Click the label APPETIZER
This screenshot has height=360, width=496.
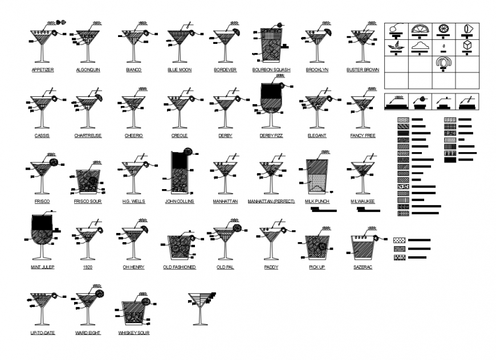point(43,70)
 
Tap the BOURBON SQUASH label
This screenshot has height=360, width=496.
point(271,70)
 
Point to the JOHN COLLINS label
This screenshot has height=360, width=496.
point(180,201)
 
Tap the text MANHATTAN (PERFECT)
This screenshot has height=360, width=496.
point(271,202)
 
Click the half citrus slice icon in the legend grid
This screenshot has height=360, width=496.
point(420,29)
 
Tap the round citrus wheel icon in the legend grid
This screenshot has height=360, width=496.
point(443,29)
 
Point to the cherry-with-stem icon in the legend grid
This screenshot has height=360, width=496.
point(396,28)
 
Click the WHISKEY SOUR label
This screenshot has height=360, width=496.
point(134,333)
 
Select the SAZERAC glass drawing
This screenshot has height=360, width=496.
point(362,246)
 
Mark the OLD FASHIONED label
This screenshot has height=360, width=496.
point(180,267)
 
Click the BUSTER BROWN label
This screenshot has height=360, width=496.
point(363,70)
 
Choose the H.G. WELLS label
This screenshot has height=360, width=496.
point(133,201)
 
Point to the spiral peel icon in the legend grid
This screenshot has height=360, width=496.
point(443,63)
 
